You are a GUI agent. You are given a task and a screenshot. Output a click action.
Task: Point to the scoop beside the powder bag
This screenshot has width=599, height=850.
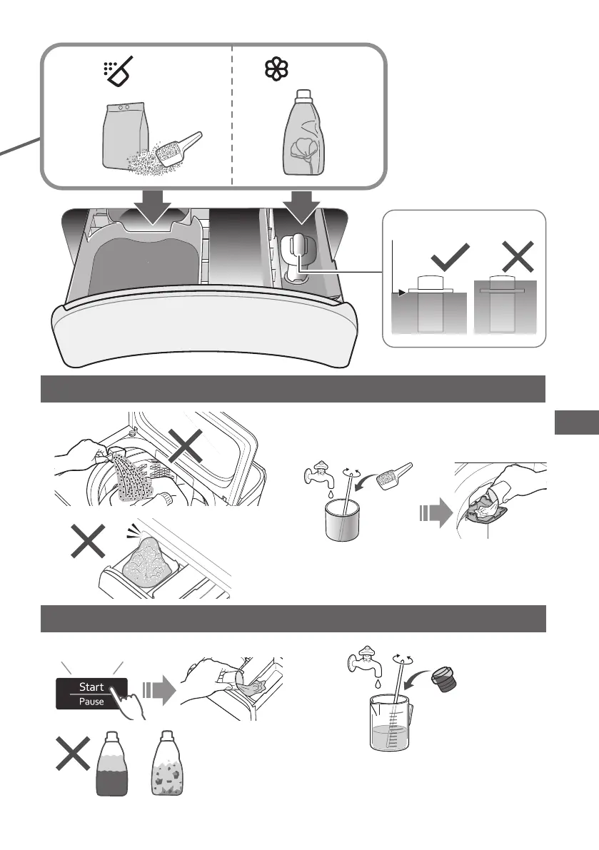179,148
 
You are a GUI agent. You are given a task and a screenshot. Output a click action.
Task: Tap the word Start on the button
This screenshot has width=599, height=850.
91,687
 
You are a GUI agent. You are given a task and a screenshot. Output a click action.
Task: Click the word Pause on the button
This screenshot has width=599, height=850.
91,701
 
